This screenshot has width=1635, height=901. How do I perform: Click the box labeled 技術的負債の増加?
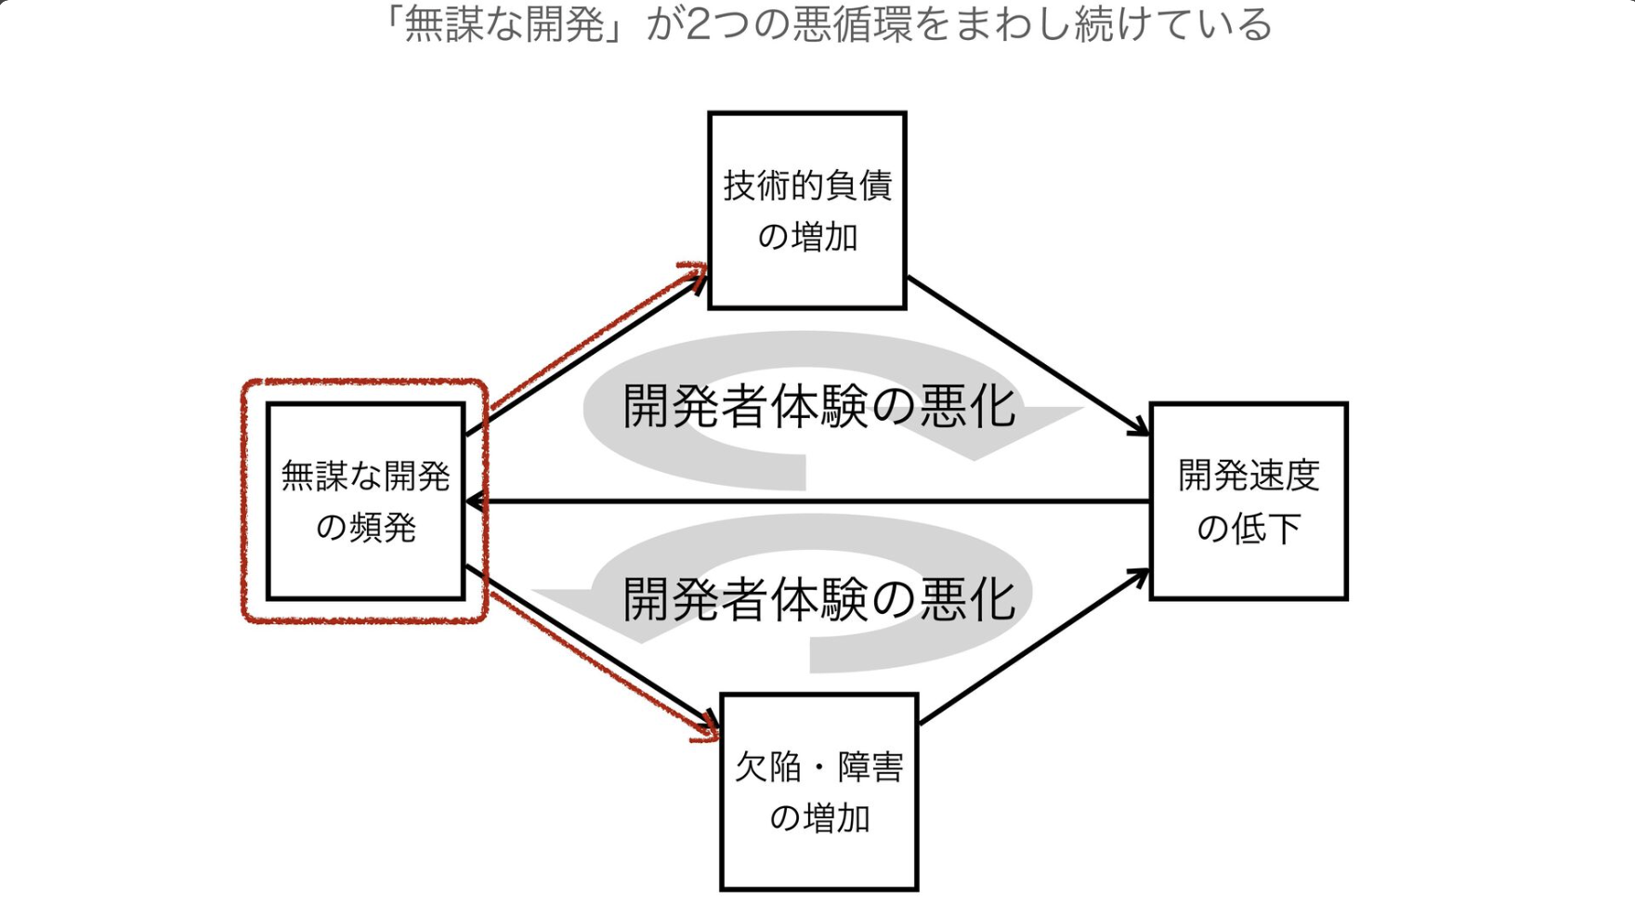point(806,211)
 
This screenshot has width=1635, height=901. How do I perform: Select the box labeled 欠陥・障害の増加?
point(818,791)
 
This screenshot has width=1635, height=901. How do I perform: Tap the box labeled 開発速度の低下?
point(1248,502)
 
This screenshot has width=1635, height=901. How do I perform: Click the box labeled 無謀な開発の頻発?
point(365,502)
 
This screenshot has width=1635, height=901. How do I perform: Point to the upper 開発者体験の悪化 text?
point(818,408)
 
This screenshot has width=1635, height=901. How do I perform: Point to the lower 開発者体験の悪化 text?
point(818,600)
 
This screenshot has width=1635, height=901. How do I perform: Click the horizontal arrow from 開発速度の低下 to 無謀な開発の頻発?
point(808,502)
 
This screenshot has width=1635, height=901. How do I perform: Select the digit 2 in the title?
point(698,24)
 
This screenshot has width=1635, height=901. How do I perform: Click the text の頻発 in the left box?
point(365,529)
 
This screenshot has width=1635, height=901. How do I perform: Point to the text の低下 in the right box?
point(1248,529)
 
